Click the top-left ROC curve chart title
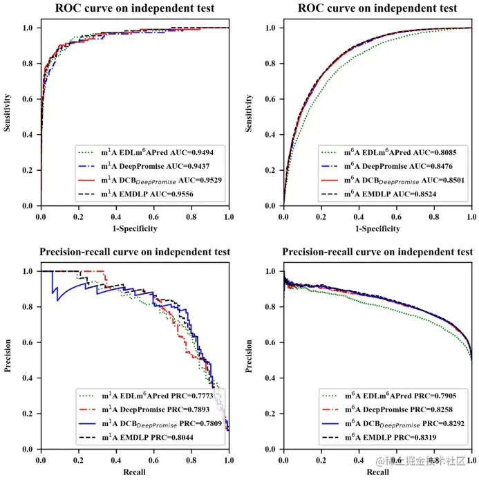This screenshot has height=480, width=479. pyautogui.click(x=135, y=9)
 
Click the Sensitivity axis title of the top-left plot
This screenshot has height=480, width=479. pyautogui.click(x=8, y=117)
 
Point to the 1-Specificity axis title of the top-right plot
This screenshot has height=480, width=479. pyautogui.click(x=377, y=228)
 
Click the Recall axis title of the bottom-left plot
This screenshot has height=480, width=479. pyautogui.click(x=135, y=472)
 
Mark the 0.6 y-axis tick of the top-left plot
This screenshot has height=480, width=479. pyautogui.click(x=28, y=99)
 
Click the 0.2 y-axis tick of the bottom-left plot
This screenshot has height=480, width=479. pyautogui.click(x=28, y=414)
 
